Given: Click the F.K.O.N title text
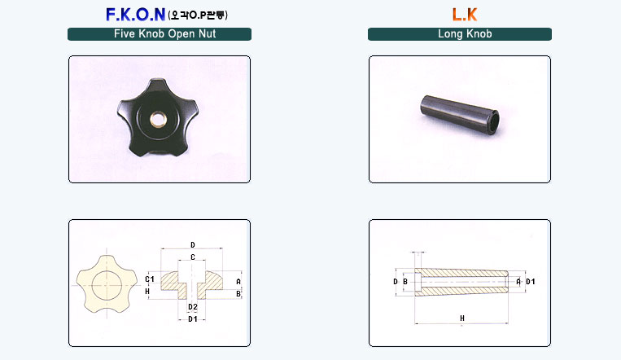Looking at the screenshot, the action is pyautogui.click(x=135, y=15).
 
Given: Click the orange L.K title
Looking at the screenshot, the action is pyautogui.click(x=465, y=15).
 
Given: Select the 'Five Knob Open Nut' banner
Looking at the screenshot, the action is pyautogui.click(x=160, y=34).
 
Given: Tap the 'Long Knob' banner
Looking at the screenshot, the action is pyautogui.click(x=459, y=34).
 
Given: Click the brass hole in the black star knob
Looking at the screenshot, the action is pyautogui.click(x=158, y=119).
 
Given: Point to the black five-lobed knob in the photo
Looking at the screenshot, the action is pyautogui.click(x=158, y=117).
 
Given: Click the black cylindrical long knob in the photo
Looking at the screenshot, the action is pyautogui.click(x=459, y=116).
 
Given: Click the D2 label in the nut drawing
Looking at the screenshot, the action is pyautogui.click(x=193, y=307).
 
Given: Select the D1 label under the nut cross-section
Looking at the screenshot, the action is pyautogui.click(x=193, y=319).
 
